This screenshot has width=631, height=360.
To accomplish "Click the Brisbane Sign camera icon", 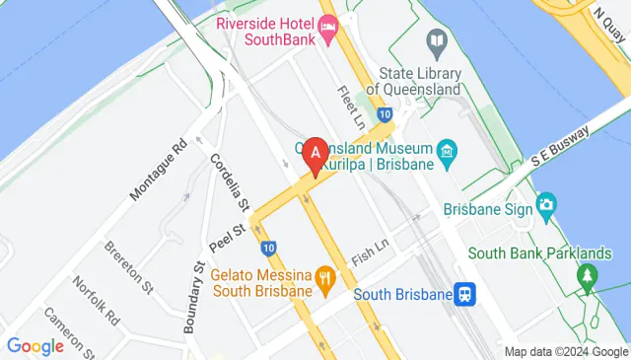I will (x=545, y=208).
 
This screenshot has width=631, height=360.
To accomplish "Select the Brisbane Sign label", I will (x=488, y=209).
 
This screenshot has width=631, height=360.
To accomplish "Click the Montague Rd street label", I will (x=158, y=171).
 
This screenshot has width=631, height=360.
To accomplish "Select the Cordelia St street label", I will (x=230, y=182).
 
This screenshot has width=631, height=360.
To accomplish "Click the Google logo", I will (x=35, y=346).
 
